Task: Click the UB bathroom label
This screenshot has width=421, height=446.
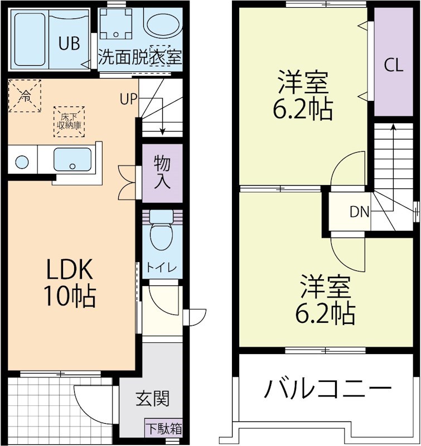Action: coord(69,43)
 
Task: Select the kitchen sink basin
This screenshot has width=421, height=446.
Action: coord(72,159)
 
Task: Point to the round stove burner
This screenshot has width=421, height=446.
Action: coord(22,162)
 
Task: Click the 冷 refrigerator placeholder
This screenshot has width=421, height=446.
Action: coord(25,96)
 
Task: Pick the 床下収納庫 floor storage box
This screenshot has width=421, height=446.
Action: coord(69,122)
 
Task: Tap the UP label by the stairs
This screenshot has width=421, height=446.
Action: coord(128,99)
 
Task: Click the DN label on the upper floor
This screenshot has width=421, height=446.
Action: coord(359,212)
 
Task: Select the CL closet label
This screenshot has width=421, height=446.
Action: coord(394,65)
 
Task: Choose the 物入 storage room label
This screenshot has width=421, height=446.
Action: coord(162,172)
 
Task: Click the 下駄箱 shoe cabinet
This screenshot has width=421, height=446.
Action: coord(163,429)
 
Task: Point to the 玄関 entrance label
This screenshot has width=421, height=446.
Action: coord(152,399)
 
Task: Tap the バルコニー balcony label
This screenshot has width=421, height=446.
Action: coord(328,388)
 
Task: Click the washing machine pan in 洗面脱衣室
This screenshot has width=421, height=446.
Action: coord(116,23)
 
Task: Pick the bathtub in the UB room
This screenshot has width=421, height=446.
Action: coord(30,40)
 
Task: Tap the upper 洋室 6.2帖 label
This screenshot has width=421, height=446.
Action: coord(303,95)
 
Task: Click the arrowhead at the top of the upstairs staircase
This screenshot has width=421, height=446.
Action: coord(394,127)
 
